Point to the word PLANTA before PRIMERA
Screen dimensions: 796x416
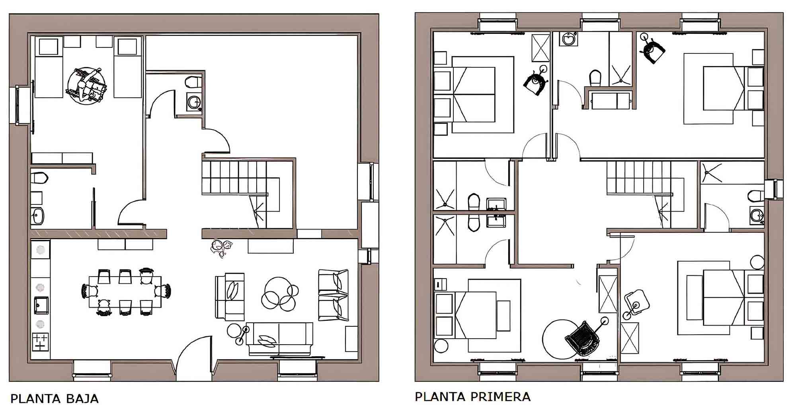click(x=441, y=397)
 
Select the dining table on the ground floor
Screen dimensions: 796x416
click(x=125, y=292)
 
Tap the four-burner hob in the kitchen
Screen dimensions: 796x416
click(x=40, y=342)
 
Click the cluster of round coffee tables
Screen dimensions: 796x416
click(x=279, y=294)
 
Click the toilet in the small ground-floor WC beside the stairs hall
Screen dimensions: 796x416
click(x=193, y=82)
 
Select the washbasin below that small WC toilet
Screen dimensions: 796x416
click(x=194, y=102)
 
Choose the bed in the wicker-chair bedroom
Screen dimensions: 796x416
click(x=476, y=315)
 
